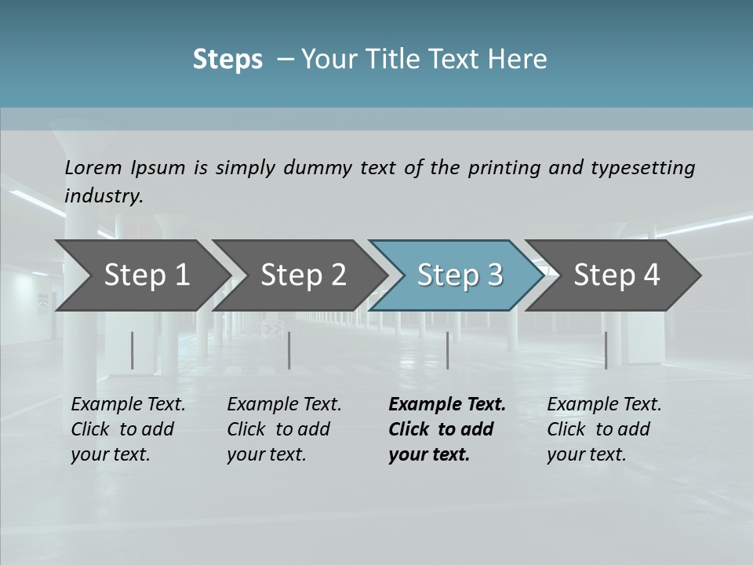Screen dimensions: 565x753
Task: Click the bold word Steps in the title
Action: point(227,60)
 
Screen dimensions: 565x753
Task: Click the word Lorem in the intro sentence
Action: point(93,167)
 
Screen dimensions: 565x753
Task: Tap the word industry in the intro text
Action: point(104,196)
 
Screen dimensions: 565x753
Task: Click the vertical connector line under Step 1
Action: point(132,350)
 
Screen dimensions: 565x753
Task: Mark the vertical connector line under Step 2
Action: point(289,350)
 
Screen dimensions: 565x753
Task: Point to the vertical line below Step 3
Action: point(448,350)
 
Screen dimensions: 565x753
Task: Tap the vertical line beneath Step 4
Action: point(606,350)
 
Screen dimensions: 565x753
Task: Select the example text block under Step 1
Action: point(128,429)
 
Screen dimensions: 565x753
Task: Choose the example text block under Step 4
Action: point(604,429)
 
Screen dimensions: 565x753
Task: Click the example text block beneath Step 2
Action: point(284,429)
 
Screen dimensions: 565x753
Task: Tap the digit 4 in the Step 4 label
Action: point(651,275)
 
